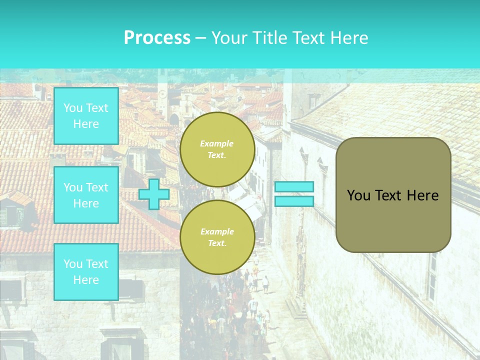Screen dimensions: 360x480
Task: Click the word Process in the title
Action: (157, 38)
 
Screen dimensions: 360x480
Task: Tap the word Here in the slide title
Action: (347, 38)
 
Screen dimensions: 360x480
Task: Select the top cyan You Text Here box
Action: (86, 116)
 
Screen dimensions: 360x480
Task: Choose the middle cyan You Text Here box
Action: (86, 195)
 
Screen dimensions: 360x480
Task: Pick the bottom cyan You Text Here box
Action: (86, 272)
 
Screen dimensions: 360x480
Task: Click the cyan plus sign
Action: (154, 194)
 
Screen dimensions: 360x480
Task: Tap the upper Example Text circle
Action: (217, 149)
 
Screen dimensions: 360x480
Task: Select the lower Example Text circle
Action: (217, 237)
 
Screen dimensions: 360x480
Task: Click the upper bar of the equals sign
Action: (294, 187)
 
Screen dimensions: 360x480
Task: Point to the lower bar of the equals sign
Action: (294, 201)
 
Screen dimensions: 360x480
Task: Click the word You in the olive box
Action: (358, 195)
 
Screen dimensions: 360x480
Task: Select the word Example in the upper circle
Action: (217, 143)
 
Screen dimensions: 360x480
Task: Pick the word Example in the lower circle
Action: (217, 231)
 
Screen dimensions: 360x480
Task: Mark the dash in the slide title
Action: (200, 38)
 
